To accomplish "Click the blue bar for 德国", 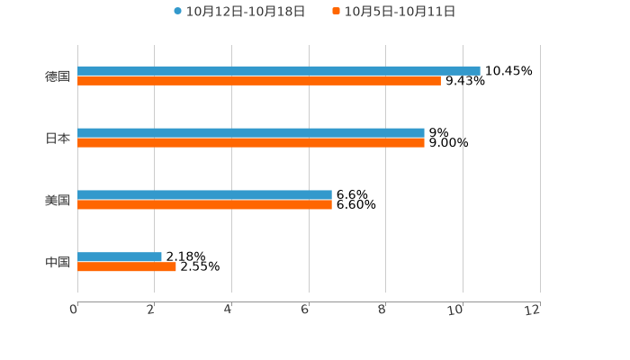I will tap(279, 70).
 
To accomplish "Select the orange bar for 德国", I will tap(259, 80).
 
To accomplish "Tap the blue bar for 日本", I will tap(251, 132).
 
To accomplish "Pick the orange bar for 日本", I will tap(251, 142).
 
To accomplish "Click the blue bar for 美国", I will tap(204, 194).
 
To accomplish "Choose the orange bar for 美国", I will tap(204, 204).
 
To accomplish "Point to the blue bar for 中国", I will tap(120, 256).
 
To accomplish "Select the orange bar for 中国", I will tap(127, 266).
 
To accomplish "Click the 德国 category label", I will tap(58, 76).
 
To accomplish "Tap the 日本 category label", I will tap(58, 138).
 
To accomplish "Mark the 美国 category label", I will tap(58, 200).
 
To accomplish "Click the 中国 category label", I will tap(58, 262).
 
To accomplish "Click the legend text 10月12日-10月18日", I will tap(246, 12).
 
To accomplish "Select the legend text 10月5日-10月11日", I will tap(400, 12).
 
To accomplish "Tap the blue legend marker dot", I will tap(177, 12).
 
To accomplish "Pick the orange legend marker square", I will tap(337, 12).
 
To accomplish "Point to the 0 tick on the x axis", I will tap(74, 310).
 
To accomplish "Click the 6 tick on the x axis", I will tap(305, 310).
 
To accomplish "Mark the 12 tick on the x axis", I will tap(533, 310).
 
